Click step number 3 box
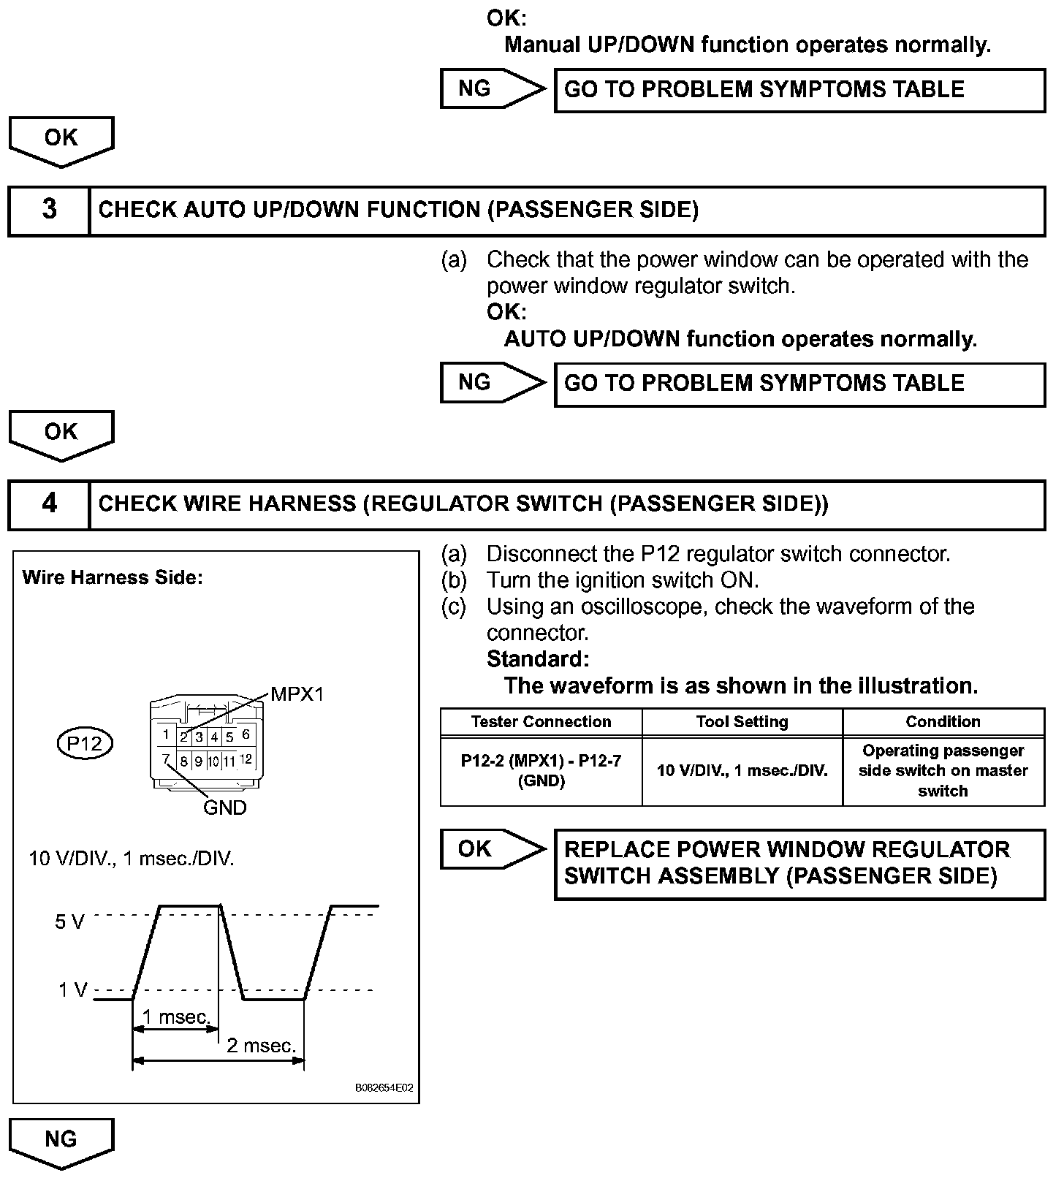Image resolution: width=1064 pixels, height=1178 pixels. point(49,210)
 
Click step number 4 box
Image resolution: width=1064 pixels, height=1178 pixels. point(49,503)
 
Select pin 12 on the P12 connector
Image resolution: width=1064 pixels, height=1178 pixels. point(246,759)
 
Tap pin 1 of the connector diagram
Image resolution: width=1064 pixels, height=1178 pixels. point(167,735)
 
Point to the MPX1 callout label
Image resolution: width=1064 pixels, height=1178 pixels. point(297,694)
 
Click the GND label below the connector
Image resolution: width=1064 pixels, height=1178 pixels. point(224,808)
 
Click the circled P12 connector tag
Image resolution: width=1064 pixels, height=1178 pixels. point(84,743)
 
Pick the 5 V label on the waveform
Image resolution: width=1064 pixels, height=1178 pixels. point(69,922)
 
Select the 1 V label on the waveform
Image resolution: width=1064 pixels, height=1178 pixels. point(72,991)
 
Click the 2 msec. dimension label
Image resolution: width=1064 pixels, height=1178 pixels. point(261,1046)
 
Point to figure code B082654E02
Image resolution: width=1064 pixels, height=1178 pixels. point(384,1088)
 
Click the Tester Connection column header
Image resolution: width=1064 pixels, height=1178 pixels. point(541,722)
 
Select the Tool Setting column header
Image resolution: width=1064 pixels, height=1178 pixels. point(742,722)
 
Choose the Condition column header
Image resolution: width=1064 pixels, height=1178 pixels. point(943,722)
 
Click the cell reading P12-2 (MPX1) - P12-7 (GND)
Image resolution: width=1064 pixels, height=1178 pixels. point(541,771)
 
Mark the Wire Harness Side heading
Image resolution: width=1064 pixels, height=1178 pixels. point(113,578)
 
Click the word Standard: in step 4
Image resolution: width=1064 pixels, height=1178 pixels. point(538,659)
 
